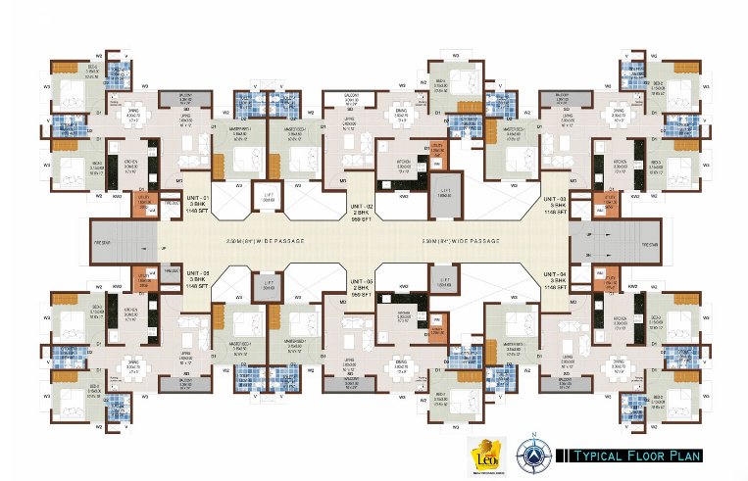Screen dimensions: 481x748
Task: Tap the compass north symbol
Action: (x=533, y=452)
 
